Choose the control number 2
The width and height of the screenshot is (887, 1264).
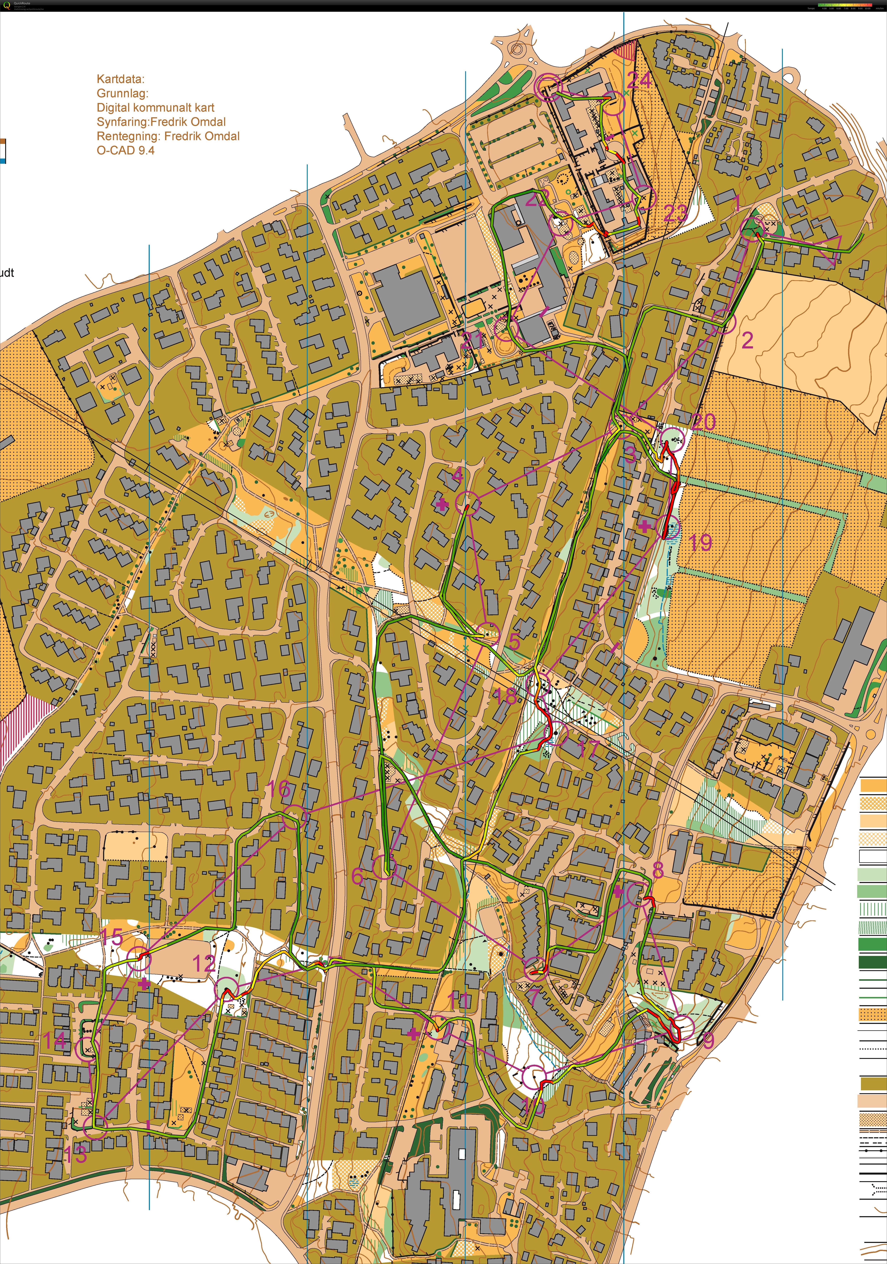(747, 341)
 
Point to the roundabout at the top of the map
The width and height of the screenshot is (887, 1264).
(516, 51)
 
